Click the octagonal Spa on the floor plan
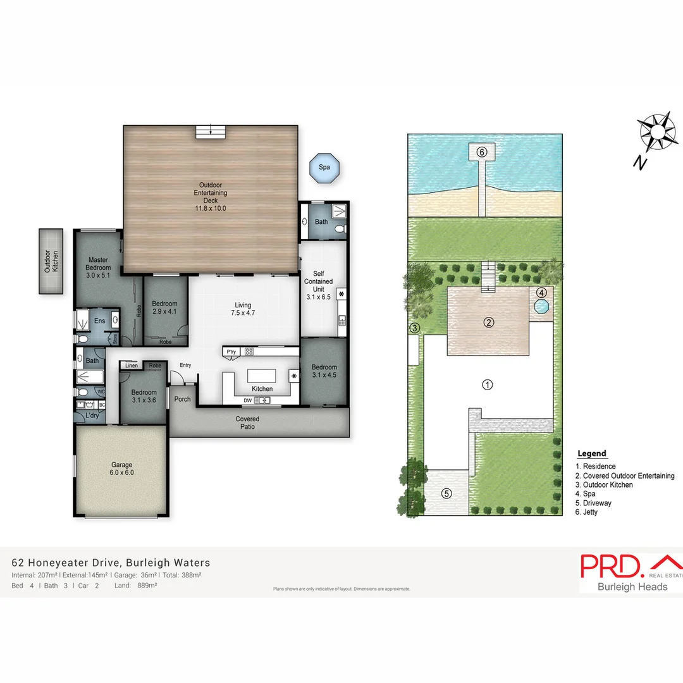(324, 168)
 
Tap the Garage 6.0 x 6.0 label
(122, 469)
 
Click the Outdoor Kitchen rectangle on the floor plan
(50, 261)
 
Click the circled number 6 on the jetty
(481, 152)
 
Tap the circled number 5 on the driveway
(446, 493)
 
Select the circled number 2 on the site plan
(488, 322)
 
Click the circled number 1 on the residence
(488, 385)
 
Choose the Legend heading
(592, 453)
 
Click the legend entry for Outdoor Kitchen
(607, 485)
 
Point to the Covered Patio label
(247, 422)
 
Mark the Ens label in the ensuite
(99, 321)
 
